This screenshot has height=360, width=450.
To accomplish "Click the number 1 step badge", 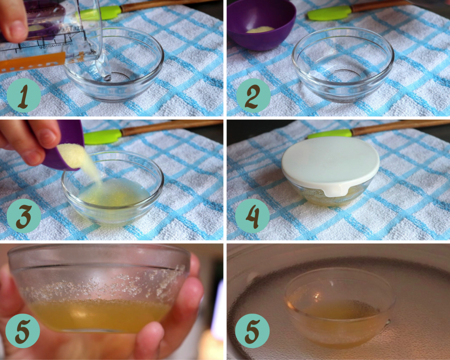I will [x=23, y=96].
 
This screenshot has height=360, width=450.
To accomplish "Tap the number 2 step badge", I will [x=253, y=96].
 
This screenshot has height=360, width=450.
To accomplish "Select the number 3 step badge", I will [x=23, y=216].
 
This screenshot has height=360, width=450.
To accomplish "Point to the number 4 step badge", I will [x=252, y=216].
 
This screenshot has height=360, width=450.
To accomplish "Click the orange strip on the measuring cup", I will [x=32, y=63].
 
